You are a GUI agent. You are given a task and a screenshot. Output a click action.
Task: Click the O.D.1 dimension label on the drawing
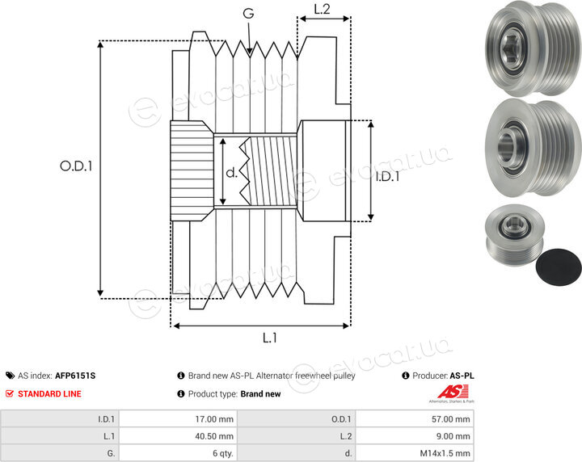coord(76,166)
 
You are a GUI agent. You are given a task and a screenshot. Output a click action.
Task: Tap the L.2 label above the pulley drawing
coord(322,9)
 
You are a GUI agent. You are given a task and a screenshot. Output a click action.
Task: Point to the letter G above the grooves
coord(248,14)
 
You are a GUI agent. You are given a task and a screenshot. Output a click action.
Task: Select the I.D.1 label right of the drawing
coord(387,176)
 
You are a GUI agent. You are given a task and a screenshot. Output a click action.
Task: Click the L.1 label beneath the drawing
coord(270,338)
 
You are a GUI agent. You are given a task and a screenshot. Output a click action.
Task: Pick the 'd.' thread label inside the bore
coord(232,172)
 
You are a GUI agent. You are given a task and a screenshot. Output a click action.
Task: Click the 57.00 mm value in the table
coord(450,419)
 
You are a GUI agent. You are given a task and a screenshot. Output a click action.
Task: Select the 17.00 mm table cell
coord(214,419)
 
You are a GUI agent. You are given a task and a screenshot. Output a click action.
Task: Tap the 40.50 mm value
coord(214,436)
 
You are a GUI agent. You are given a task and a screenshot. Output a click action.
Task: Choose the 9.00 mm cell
coord(453,436)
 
